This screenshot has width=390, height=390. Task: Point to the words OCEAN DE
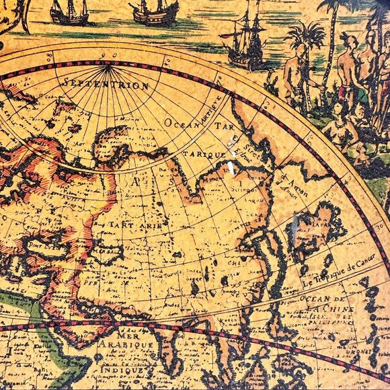(x=322, y=298)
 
